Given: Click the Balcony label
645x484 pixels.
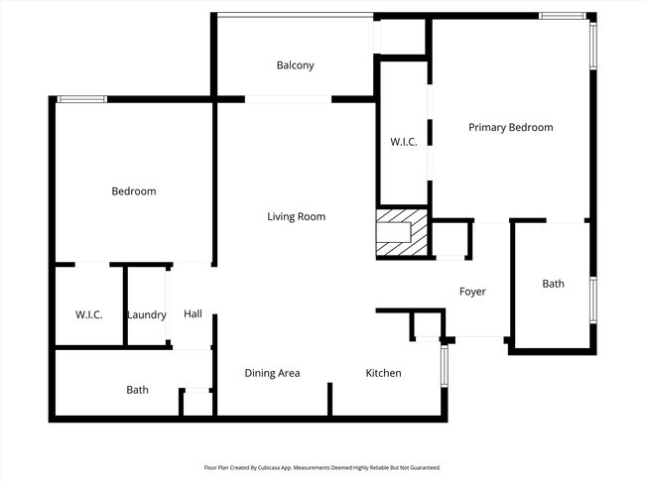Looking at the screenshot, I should tap(295, 65).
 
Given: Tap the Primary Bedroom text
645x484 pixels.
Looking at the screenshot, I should tap(510, 127).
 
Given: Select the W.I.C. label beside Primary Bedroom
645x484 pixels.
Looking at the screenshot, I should tap(403, 142).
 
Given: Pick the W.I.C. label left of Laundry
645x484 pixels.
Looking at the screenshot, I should tap(89, 314).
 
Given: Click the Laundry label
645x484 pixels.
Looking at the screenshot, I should tap(147, 314).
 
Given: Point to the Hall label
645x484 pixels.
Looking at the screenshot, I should tap(193, 314).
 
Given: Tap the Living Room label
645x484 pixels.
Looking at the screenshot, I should tap(296, 216).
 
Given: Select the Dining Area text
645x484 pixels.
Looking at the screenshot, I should tap(272, 373).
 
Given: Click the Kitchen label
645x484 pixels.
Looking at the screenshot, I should tap(383, 373).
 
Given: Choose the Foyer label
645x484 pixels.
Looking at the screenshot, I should tap(471, 292).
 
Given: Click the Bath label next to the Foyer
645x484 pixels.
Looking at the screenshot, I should tap(553, 284).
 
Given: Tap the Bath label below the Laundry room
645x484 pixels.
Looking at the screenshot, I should tap(137, 390).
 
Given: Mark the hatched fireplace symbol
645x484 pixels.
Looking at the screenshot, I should tap(403, 233).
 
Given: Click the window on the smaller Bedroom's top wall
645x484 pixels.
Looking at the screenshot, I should tap(81, 98).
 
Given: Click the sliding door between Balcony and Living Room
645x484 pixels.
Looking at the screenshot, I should tap(288, 98).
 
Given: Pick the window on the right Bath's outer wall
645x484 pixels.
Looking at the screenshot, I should tap(592, 300).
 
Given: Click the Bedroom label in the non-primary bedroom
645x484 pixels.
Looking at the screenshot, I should tap(133, 191).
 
